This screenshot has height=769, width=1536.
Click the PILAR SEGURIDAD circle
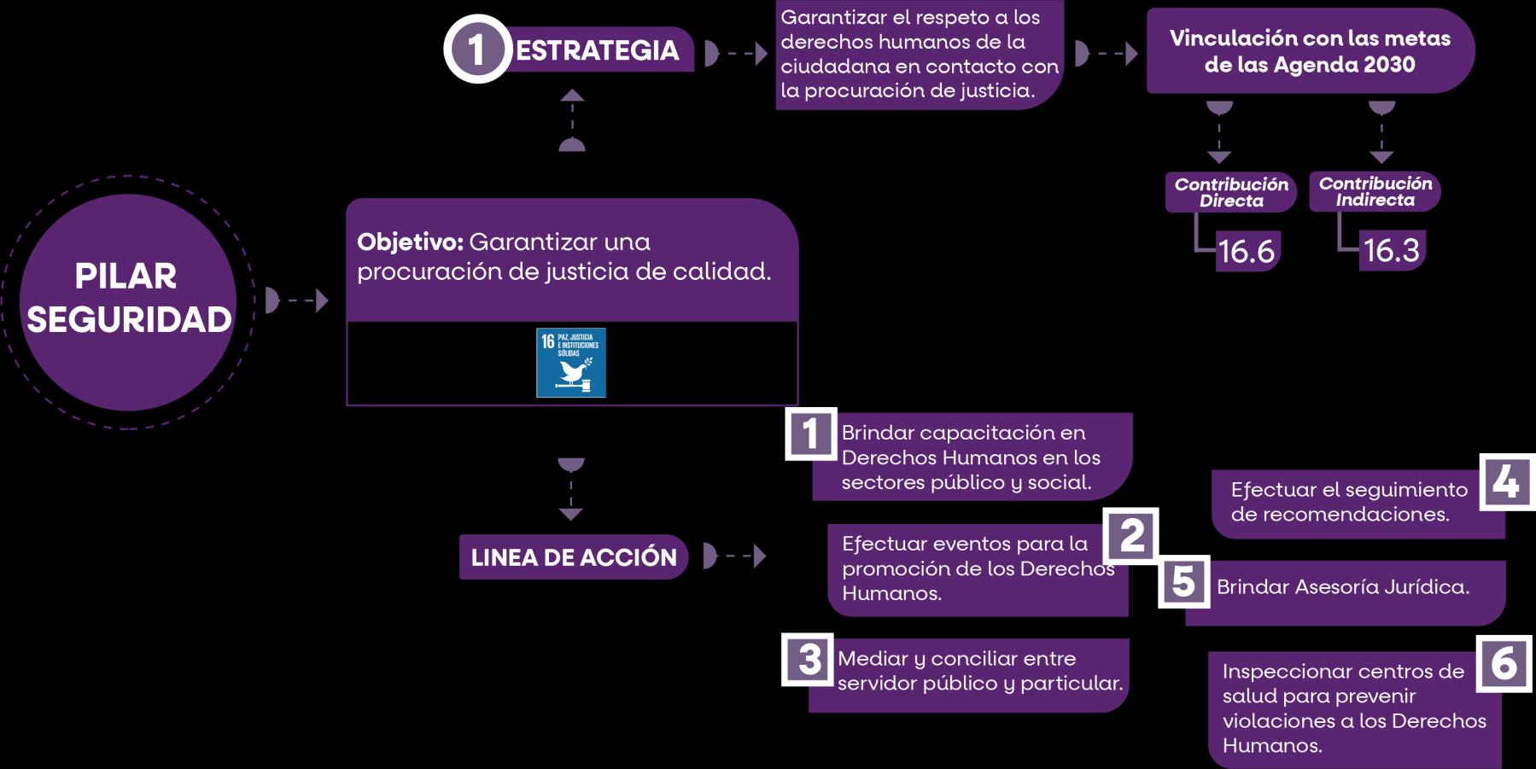coord(128,300)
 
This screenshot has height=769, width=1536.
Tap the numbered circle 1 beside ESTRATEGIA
coord(476,50)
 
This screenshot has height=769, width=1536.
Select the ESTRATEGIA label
coord(598,50)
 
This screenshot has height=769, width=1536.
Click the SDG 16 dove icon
coord(570,363)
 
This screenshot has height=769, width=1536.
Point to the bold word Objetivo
coord(410,242)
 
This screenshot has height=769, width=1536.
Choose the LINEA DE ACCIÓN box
coord(573,557)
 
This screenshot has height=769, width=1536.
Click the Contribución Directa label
coord(1230,192)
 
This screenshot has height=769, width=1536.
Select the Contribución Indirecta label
coord(1375,191)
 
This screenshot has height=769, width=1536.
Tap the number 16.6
coord(1246,252)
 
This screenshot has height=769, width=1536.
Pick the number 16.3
coord(1391,251)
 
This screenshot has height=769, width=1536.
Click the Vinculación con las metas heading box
coord(1310,51)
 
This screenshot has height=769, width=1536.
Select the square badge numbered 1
coord(810,434)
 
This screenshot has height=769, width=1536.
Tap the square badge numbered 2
coord(1131,536)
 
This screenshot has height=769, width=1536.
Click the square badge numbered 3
coord(808,659)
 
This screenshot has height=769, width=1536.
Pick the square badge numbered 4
coord(1505,482)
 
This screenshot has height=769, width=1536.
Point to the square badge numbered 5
coord(1183,582)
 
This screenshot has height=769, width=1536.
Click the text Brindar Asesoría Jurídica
coord(1342,587)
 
